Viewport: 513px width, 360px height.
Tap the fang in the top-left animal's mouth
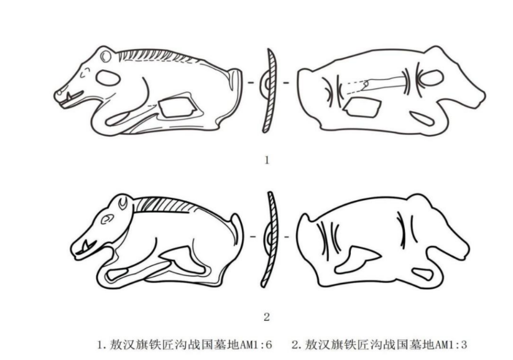(69, 96)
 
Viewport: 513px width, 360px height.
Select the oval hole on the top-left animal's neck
(108, 78)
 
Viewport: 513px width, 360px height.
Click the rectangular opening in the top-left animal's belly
(177, 107)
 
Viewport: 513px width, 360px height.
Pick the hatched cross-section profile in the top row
(269, 91)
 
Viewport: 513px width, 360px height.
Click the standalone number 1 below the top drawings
(267, 160)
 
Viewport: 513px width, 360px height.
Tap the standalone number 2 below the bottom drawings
(267, 317)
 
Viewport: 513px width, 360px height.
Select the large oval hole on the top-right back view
(431, 78)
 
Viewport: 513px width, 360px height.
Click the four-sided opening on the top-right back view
(362, 107)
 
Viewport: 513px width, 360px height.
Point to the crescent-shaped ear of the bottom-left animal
(123, 203)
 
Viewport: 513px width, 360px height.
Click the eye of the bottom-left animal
(107, 219)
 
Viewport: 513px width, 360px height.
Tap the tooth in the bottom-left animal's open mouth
(86, 244)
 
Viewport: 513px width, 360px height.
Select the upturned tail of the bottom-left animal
(236, 229)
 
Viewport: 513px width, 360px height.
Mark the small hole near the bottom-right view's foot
(422, 274)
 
